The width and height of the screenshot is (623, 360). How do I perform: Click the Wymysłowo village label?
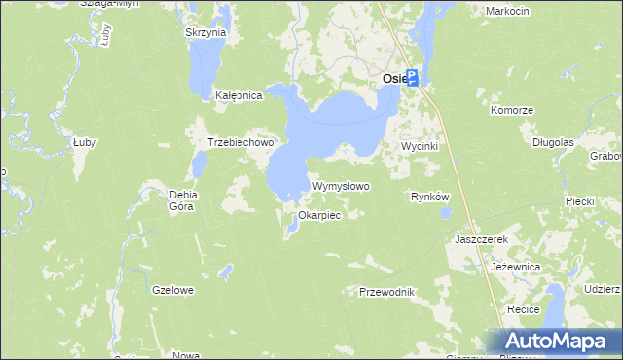(341, 186)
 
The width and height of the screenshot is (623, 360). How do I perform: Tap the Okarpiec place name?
(319, 215)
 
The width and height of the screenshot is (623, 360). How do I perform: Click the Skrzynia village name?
(205, 32)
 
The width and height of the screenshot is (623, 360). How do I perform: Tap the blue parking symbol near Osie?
(412, 78)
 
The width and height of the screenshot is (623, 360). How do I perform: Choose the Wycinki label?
(421, 146)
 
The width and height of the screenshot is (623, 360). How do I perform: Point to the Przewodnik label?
(387, 292)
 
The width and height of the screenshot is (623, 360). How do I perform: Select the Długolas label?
(553, 142)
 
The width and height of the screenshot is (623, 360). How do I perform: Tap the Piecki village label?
(579, 201)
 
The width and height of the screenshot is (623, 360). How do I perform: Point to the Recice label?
(524, 308)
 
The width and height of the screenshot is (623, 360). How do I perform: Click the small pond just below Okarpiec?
(292, 229)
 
